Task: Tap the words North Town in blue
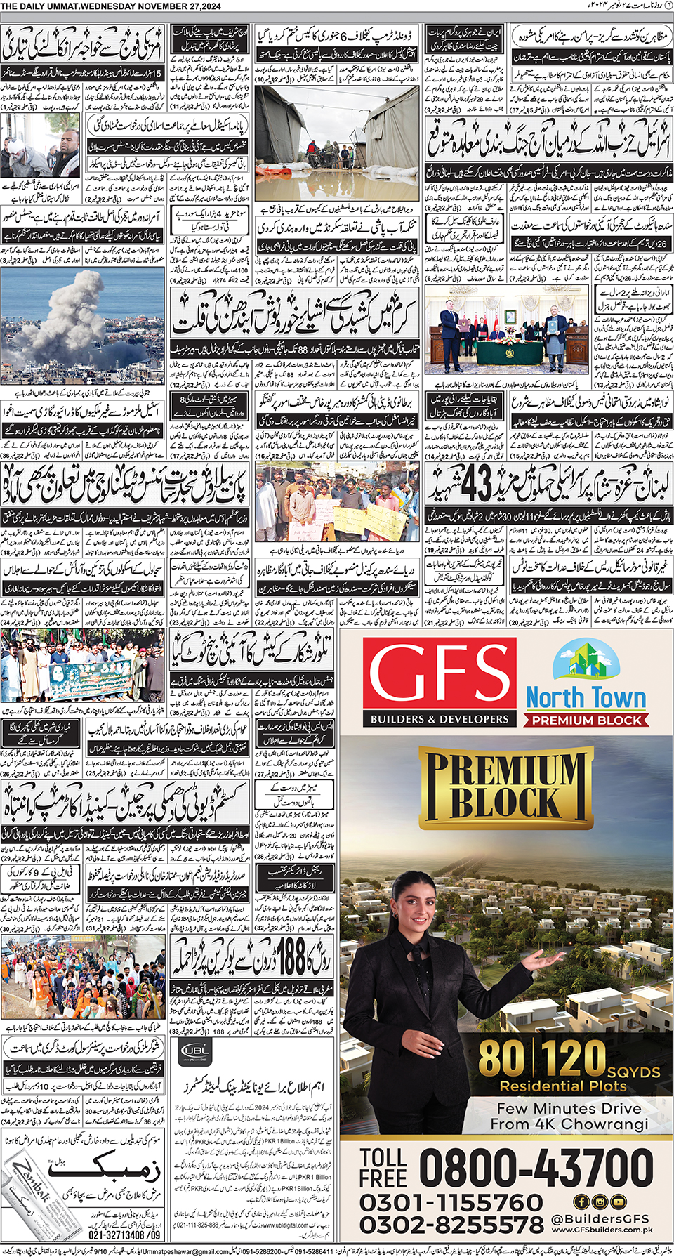[x=586, y=698]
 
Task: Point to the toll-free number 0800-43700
[x=536, y=1169]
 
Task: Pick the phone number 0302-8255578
[x=451, y=1225]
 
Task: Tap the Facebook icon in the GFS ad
[x=581, y=1202]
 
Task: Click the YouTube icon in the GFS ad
[x=618, y=1202]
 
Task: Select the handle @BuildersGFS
[x=600, y=1219]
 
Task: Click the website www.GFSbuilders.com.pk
[x=602, y=1230]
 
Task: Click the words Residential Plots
[x=562, y=1086]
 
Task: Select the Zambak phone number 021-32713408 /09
[x=124, y=1235]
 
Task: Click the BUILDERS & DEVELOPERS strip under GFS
[x=440, y=719]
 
